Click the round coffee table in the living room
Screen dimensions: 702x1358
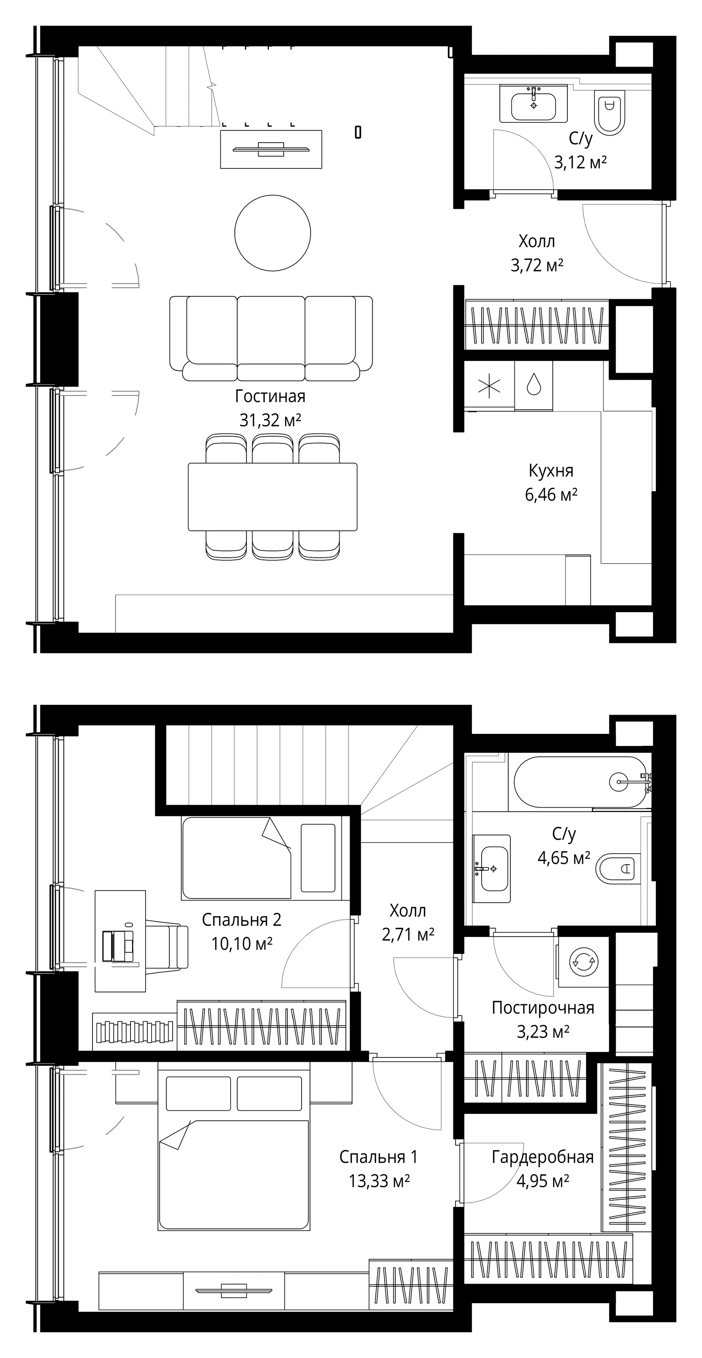[x=272, y=233]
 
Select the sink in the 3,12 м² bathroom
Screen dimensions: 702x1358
[x=533, y=105]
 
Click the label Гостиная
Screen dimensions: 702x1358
[x=270, y=396]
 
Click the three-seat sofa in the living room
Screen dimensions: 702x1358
[x=271, y=338]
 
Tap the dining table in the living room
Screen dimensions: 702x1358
[x=272, y=497]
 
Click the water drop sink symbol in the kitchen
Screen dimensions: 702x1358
[x=534, y=384]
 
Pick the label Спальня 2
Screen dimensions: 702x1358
[x=242, y=920]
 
